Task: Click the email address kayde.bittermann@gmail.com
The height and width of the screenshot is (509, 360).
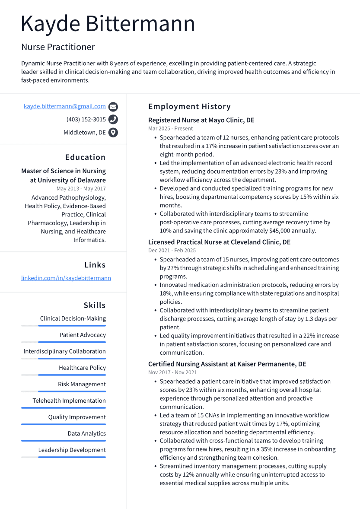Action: click(x=64, y=106)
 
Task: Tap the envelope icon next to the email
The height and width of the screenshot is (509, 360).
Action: click(x=113, y=107)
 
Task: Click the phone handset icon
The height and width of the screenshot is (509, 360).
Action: click(x=113, y=120)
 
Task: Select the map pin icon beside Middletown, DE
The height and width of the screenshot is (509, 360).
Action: click(x=113, y=133)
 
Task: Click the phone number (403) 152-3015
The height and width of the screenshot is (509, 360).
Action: click(x=86, y=120)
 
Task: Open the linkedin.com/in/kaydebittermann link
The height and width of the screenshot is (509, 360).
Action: click(x=66, y=278)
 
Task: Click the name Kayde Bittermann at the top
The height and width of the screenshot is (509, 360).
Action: click(x=108, y=24)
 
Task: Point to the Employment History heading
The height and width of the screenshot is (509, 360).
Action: click(x=189, y=106)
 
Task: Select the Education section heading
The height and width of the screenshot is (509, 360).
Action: click(x=85, y=157)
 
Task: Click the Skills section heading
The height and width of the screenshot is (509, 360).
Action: click(x=95, y=305)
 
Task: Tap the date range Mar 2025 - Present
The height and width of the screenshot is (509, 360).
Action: click(x=170, y=128)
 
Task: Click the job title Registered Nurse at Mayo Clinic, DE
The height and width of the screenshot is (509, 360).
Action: click(x=201, y=120)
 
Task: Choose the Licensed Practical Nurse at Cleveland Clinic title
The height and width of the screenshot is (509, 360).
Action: click(x=219, y=242)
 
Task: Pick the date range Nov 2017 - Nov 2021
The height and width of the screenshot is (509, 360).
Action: click(x=172, y=372)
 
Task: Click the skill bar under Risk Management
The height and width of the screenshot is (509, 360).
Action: click(x=71, y=391)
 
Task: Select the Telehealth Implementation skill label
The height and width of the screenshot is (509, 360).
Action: click(x=69, y=401)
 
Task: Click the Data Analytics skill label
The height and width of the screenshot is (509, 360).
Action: click(x=86, y=433)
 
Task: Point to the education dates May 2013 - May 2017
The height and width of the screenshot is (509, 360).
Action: click(x=81, y=188)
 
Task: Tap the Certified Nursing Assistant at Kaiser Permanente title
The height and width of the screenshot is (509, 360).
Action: click(x=227, y=364)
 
